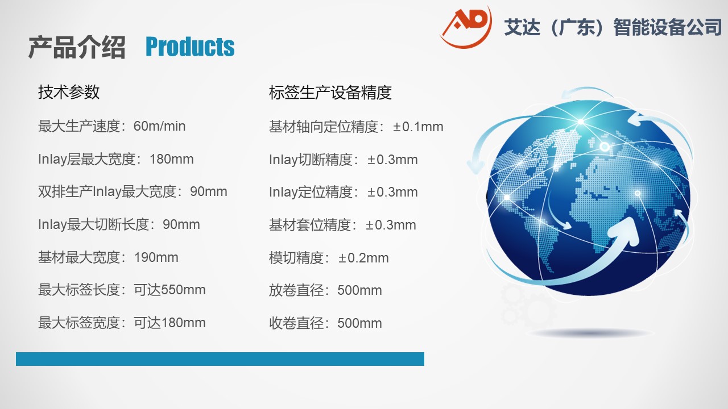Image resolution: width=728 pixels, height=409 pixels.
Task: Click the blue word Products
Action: coord(190,47)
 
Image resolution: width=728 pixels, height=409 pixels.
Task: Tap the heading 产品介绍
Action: coord(77,47)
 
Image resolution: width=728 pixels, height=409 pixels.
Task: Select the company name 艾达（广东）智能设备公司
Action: coord(613,27)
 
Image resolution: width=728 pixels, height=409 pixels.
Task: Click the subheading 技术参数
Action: coord(69,92)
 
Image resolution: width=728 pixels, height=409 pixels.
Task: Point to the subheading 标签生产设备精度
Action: coord(330,93)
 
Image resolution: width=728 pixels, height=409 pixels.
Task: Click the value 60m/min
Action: coord(160,126)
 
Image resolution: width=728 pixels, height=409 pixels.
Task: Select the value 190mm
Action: coord(156,257)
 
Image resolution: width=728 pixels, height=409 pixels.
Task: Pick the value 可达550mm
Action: coord(169,290)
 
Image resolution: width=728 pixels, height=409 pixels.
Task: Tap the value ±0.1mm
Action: coord(418,127)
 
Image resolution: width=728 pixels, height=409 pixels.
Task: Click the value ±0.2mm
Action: coord(363,258)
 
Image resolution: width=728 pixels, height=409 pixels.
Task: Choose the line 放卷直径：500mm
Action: coord(325,290)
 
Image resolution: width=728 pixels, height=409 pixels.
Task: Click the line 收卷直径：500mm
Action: coord(325,323)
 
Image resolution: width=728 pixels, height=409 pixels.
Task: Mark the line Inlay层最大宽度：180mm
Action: coord(116,160)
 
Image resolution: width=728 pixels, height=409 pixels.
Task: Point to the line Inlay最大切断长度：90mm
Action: coord(119,224)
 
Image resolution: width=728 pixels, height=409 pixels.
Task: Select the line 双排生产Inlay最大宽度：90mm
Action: coord(133,191)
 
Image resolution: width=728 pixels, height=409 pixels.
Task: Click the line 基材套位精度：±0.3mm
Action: coord(342,225)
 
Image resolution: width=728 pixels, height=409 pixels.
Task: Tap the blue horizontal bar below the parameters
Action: coord(220,359)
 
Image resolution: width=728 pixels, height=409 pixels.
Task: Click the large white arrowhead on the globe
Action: coord(623,230)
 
